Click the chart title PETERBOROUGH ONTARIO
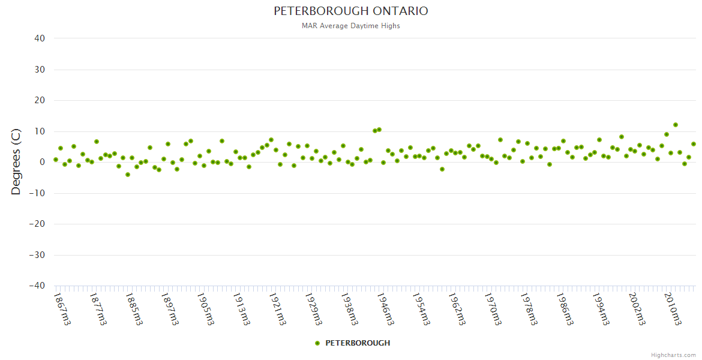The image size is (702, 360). [x=351, y=11]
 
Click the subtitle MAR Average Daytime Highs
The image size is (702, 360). [x=351, y=26]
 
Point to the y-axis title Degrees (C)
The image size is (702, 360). [x=16, y=162]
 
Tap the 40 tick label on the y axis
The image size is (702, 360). [x=40, y=38]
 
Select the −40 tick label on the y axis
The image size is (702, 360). [x=37, y=286]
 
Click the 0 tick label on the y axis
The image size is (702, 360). [x=43, y=162]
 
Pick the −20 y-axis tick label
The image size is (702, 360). [x=37, y=224]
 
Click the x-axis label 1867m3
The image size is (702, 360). [x=62, y=308]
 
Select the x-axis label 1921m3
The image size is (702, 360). [x=277, y=308]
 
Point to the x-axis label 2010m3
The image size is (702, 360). [x=671, y=308]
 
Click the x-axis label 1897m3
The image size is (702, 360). [x=170, y=308]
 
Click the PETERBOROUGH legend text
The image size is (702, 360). [x=358, y=343]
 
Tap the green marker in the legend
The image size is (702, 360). [x=317, y=343]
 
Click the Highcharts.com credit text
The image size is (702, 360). [x=673, y=355]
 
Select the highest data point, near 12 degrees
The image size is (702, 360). [x=676, y=125]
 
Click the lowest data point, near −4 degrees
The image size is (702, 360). [x=128, y=175]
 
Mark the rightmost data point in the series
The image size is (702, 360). [x=694, y=144]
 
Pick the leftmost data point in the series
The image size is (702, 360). [x=56, y=160]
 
